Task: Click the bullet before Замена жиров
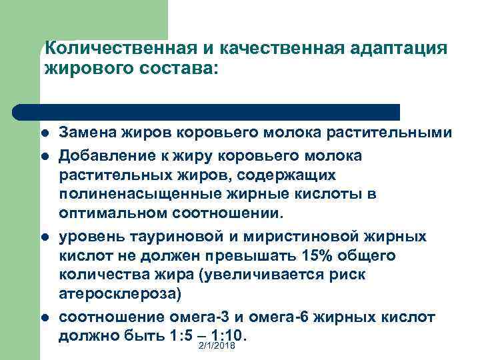tap(44, 133)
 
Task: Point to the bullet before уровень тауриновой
tap(44, 237)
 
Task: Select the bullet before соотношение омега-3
tap(44, 317)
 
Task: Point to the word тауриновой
tap(173, 236)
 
